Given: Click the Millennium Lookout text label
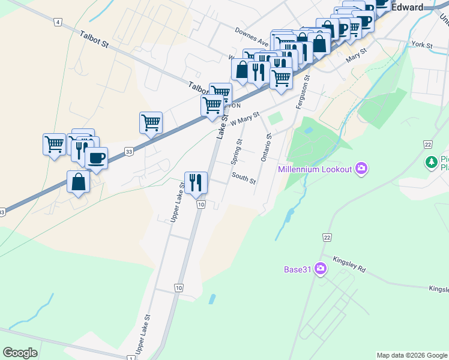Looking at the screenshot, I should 315,169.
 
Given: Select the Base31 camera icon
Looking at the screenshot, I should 321,269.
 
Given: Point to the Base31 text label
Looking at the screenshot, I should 298,269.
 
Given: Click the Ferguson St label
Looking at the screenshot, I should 302,92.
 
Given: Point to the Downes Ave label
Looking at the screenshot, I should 252,36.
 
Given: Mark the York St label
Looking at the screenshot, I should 423,45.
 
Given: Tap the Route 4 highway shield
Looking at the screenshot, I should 58,22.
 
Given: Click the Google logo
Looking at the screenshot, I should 20,353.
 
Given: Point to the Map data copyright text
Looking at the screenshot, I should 412,355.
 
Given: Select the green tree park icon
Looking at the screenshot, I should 431,161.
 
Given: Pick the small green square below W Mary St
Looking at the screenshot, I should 275,118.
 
